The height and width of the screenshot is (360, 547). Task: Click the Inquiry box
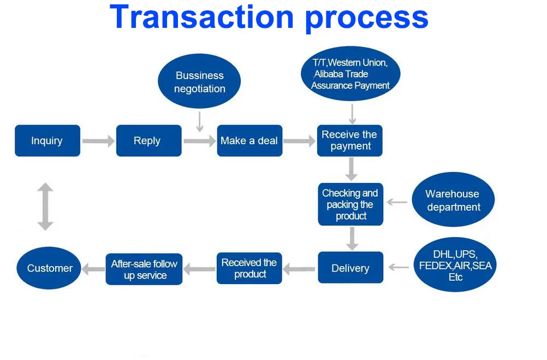click(47, 141)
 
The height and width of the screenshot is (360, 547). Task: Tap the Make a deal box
click(249, 141)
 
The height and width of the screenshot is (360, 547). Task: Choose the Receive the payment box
click(350, 141)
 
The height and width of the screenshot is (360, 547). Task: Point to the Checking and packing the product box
click(350, 204)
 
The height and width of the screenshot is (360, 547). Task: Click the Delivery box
click(350, 268)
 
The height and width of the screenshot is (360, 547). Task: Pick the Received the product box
click(249, 268)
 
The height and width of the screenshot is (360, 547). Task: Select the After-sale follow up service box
click(144, 269)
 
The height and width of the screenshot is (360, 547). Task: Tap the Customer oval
click(49, 268)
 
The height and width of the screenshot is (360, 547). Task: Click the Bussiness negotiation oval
click(199, 82)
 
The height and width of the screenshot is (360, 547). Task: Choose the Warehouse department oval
click(453, 200)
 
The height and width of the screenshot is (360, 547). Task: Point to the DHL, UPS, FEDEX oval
click(455, 266)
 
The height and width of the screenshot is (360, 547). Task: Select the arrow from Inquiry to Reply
click(98, 141)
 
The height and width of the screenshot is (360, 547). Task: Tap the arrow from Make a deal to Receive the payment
click(300, 141)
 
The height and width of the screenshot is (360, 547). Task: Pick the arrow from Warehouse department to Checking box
click(397, 203)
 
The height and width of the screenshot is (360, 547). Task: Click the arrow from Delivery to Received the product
click(299, 268)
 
